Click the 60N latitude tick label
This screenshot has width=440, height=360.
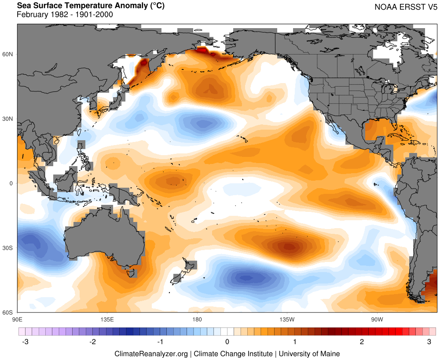point(9,54)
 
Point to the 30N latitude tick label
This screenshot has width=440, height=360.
point(9,119)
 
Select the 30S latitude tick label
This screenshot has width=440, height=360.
point(9,248)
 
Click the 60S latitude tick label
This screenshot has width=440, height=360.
point(9,313)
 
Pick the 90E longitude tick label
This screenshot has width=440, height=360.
point(17,319)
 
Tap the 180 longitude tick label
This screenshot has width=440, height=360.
point(197,319)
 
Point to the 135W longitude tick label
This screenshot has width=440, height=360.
point(287,319)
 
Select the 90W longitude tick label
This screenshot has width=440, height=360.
point(377,319)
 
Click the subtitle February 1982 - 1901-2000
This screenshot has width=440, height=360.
point(65,15)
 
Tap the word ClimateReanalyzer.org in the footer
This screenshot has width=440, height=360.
point(151,353)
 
